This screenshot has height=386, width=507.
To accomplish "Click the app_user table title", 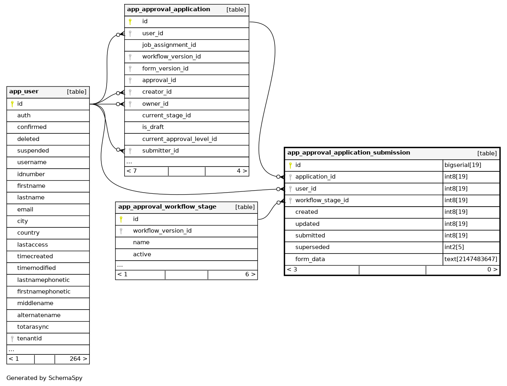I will pos(24,92).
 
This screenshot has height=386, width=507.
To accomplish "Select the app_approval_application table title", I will pos(168,10).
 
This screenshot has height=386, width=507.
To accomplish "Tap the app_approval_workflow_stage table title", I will pos(167,207).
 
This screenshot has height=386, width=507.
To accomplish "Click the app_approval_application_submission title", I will pos(349,153).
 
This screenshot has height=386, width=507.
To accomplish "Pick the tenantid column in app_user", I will pos(29,339).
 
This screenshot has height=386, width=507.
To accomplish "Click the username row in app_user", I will pos(32,163).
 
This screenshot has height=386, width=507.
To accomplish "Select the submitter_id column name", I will pos(160,151).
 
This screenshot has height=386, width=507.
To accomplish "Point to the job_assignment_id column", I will pos(169,45).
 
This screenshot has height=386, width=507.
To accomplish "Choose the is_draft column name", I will pos(153,127).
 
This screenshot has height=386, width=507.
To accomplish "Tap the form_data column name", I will pos(310,259).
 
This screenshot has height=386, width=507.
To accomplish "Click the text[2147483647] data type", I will pos(471,259).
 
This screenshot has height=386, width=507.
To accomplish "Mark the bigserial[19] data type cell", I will pos(463,165).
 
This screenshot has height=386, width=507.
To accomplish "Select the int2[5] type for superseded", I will pos(454,247).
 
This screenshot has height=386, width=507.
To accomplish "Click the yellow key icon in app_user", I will pos(12,104).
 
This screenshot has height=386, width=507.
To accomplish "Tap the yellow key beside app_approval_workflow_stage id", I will pos(121,219).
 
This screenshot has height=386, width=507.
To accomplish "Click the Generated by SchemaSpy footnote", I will pos(44,378).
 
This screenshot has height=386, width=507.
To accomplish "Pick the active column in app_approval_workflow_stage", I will pos(142,255).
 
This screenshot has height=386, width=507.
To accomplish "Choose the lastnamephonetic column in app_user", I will pos(43,280).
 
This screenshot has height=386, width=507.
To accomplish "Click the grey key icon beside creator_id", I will pos(130,92).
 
